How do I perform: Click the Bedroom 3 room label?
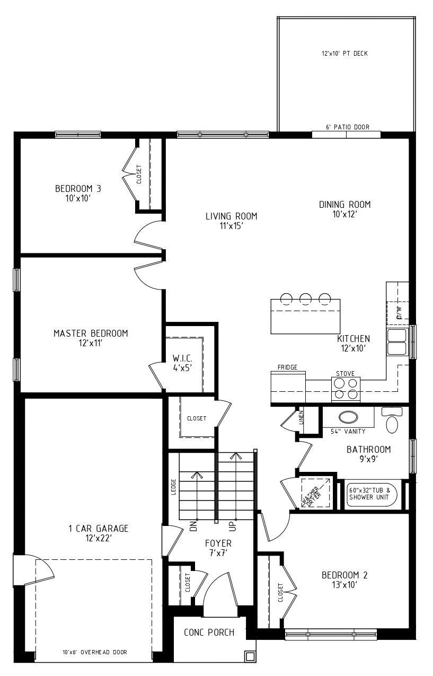[78, 193]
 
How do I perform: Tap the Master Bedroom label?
[91, 338]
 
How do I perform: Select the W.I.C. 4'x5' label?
[182, 363]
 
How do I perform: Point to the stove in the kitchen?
[346, 389]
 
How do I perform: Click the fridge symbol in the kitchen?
[288, 387]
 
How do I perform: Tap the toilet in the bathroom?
[392, 420]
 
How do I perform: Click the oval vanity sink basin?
[348, 417]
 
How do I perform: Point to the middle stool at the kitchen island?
[305, 299]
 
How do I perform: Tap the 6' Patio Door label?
[348, 127]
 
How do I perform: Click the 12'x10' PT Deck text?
[344, 54]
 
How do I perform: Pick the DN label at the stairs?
[194, 526]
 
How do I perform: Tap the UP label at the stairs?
[233, 526]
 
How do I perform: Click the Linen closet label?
[301, 417]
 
